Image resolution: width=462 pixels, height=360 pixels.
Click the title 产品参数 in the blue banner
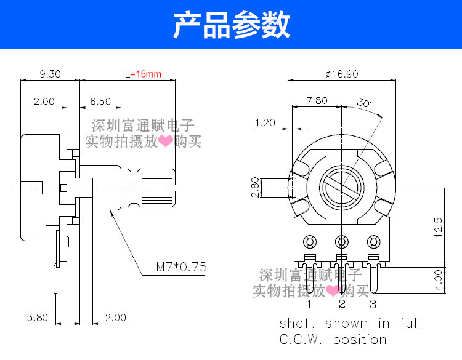point(231,25)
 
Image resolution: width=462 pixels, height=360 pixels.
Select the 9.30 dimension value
point(50,74)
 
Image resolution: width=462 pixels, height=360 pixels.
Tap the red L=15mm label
point(142,74)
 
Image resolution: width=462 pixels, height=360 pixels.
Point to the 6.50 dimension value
point(100,101)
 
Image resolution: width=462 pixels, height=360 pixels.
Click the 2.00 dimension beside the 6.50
point(44,101)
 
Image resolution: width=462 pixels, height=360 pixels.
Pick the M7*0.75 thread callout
point(181,267)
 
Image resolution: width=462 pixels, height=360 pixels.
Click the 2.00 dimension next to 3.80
point(115,318)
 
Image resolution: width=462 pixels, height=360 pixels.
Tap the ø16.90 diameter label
point(342,74)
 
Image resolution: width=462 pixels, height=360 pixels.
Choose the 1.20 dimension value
point(264,122)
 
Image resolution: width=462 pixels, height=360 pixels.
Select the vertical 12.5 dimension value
point(438,226)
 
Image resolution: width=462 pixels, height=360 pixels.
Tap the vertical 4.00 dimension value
point(438,279)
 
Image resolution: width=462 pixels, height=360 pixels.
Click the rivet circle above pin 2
point(341,241)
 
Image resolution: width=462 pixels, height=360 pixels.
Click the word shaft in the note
point(298,324)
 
